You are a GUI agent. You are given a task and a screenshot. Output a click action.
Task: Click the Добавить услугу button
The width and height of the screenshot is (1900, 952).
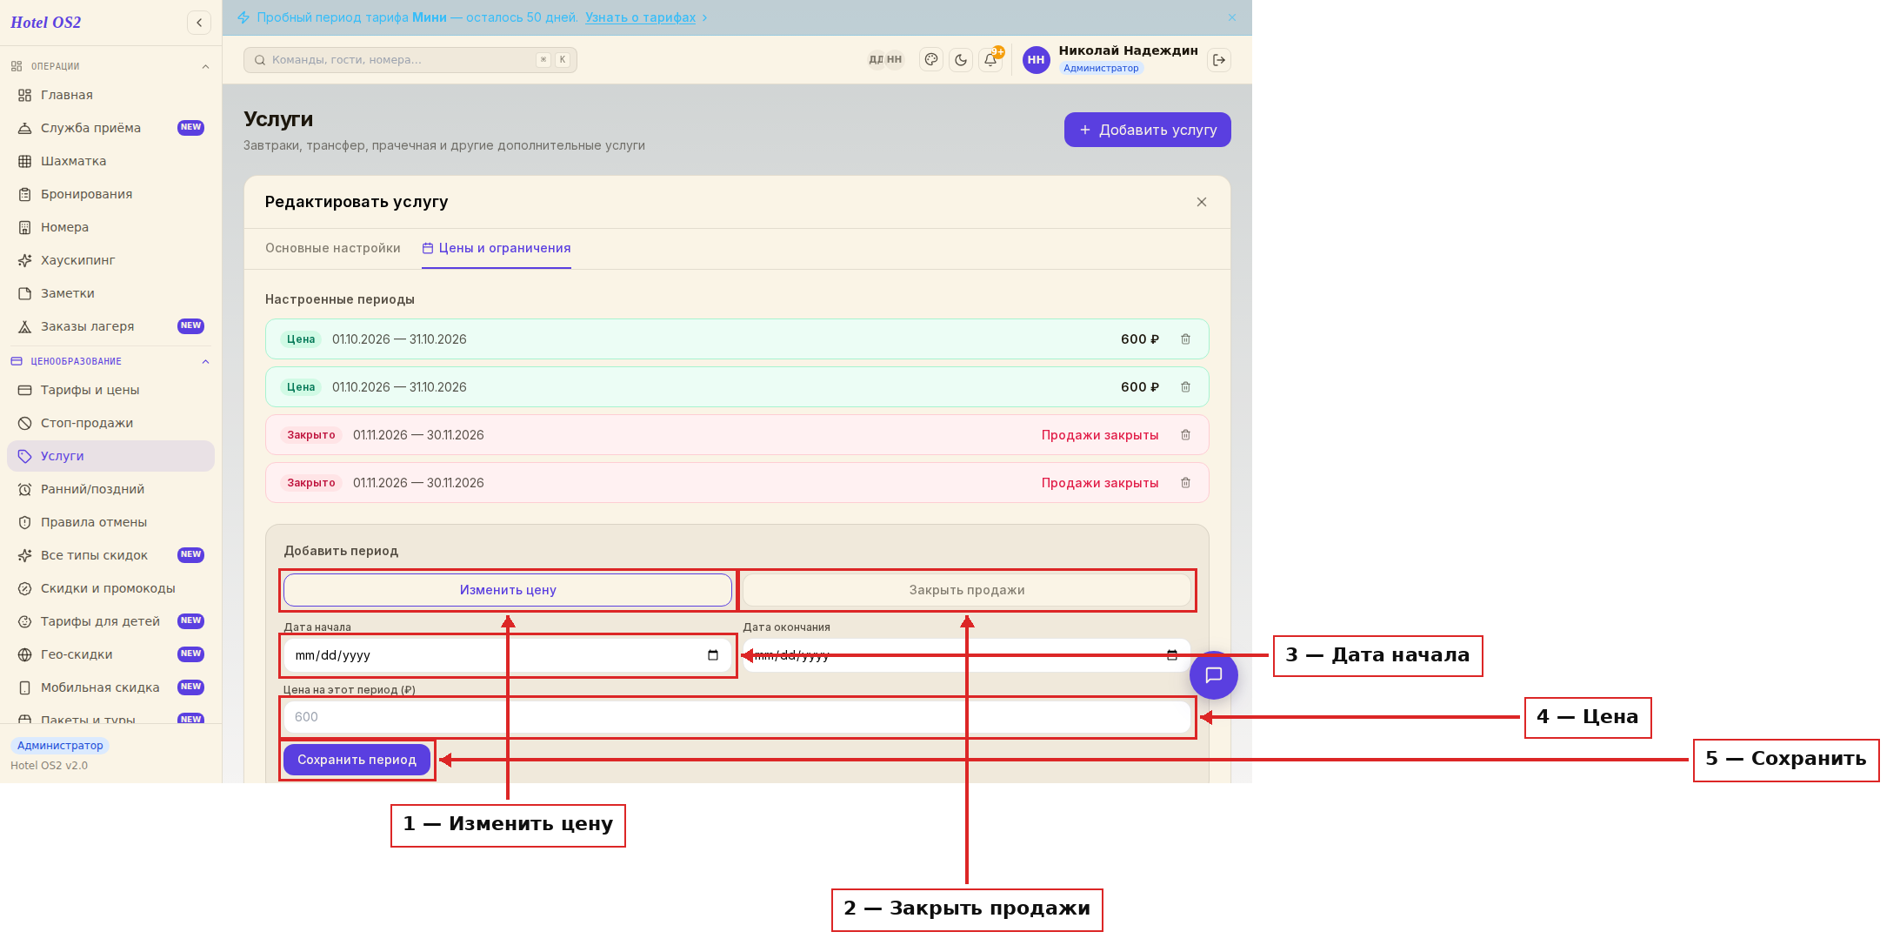coord(1147,130)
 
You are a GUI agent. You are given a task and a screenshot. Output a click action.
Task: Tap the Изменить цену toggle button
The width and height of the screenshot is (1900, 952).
coord(508,590)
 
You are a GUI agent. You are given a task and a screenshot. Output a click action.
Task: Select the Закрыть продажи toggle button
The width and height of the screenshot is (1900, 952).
coord(967,590)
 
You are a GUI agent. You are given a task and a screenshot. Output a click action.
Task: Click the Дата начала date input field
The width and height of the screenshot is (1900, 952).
coord(508,655)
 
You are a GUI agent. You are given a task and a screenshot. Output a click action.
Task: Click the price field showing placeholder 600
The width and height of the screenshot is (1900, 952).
coord(737,717)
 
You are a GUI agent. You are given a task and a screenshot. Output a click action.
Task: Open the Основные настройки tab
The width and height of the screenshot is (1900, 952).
coord(333,248)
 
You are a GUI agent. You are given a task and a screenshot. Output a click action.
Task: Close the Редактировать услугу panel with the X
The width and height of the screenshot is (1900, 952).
coord(1202,202)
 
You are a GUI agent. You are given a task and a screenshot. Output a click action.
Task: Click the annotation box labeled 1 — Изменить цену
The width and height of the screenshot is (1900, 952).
coord(508,825)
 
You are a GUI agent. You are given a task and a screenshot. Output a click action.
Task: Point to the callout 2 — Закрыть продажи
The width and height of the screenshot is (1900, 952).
coord(967,909)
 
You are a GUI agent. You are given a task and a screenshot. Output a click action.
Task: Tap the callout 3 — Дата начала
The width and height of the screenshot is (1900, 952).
coord(1378,655)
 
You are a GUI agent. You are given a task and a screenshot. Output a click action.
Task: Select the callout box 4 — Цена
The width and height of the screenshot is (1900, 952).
coord(1588,717)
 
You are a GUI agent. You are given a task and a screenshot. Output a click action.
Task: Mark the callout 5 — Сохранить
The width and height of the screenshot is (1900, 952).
coord(1786,760)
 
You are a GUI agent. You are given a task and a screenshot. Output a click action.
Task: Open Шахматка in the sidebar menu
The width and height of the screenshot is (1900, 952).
coord(73,161)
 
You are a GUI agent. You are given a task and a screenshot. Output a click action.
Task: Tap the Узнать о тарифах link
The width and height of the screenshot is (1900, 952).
coord(640,17)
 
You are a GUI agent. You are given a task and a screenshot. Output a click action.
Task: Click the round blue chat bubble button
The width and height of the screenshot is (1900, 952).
coord(1214,675)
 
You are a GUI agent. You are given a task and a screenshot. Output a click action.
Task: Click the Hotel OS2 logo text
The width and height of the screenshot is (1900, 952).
coord(46,23)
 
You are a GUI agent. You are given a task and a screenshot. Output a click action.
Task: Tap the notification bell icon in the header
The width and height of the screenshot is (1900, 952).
coord(990,59)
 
